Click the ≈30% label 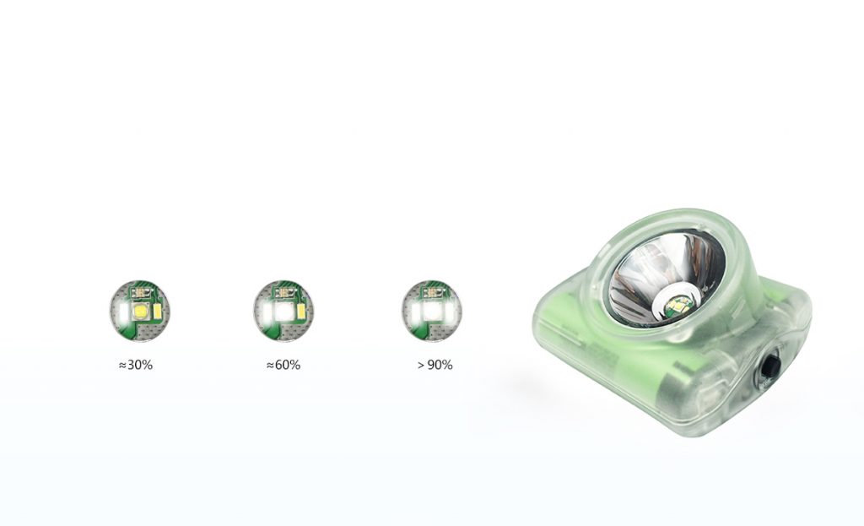[136, 365]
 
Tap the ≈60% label [283, 365]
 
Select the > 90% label [435, 365]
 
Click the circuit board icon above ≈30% [139, 311]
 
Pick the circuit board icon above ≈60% [283, 311]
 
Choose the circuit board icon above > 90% [431, 311]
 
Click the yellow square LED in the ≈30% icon [141, 312]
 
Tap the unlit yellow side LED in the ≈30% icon [157, 312]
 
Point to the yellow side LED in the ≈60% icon [301, 312]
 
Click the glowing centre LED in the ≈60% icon [283, 312]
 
